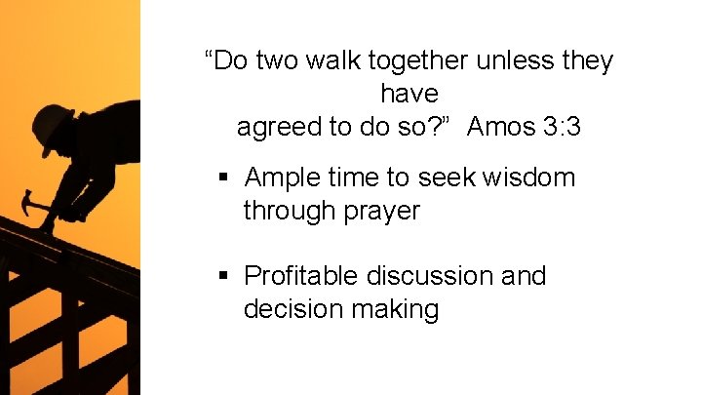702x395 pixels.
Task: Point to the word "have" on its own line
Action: point(409,94)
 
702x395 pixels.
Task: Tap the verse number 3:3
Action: point(560,127)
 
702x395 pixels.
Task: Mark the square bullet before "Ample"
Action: point(223,178)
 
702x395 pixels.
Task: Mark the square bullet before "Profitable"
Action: point(223,277)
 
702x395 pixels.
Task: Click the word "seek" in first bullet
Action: point(447,178)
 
